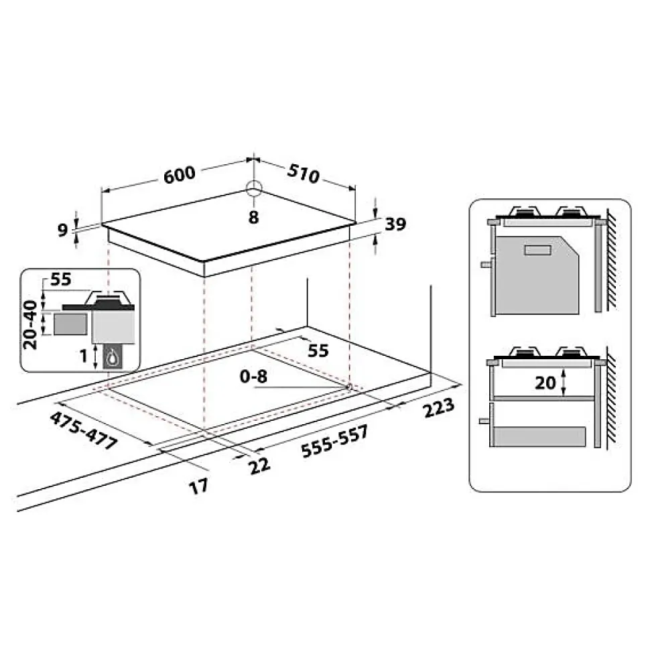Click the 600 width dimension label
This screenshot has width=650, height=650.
179,174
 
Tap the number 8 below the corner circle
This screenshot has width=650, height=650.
253,216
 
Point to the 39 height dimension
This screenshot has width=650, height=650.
396,225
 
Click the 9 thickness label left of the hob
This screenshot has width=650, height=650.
64,231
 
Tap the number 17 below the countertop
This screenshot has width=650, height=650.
198,486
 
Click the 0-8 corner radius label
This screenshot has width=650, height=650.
255,377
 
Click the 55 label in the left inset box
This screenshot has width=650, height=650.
60,280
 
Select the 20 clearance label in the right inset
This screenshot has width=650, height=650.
547,382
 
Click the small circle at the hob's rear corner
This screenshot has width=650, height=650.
253,188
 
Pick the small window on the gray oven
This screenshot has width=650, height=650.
537,250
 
